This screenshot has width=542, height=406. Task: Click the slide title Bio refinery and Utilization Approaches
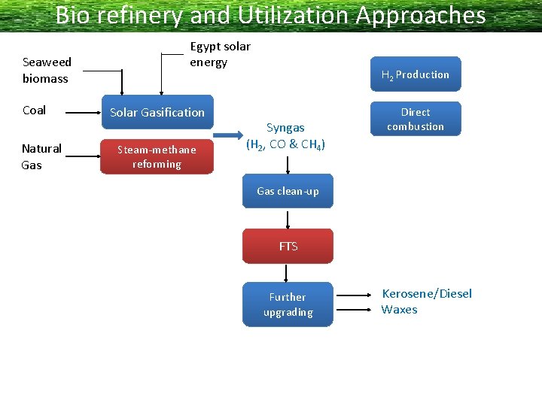pyautogui.click(x=270, y=15)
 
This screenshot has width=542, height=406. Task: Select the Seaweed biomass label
pyautogui.click(x=47, y=70)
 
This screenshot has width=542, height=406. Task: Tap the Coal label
pyautogui.click(x=34, y=111)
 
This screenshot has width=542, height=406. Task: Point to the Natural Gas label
pyautogui.click(x=41, y=156)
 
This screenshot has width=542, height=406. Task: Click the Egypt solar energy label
pyautogui.click(x=220, y=54)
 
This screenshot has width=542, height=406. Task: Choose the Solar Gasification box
pyautogui.click(x=157, y=112)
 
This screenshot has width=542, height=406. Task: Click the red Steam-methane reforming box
pyautogui.click(x=157, y=156)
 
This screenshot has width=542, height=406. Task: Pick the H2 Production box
pyautogui.click(x=415, y=74)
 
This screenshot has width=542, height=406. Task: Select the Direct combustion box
pyautogui.click(x=415, y=120)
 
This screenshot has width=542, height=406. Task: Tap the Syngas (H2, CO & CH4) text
pyautogui.click(x=285, y=136)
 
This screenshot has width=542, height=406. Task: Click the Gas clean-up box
pyautogui.click(x=288, y=191)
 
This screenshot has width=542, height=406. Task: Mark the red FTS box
pyautogui.click(x=288, y=246)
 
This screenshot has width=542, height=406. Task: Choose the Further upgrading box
pyautogui.click(x=288, y=304)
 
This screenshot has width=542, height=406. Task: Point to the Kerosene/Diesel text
pyautogui.click(x=426, y=293)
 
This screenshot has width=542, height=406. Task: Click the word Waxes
pyautogui.click(x=399, y=310)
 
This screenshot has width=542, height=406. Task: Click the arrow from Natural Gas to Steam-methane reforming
pyautogui.click(x=82, y=157)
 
